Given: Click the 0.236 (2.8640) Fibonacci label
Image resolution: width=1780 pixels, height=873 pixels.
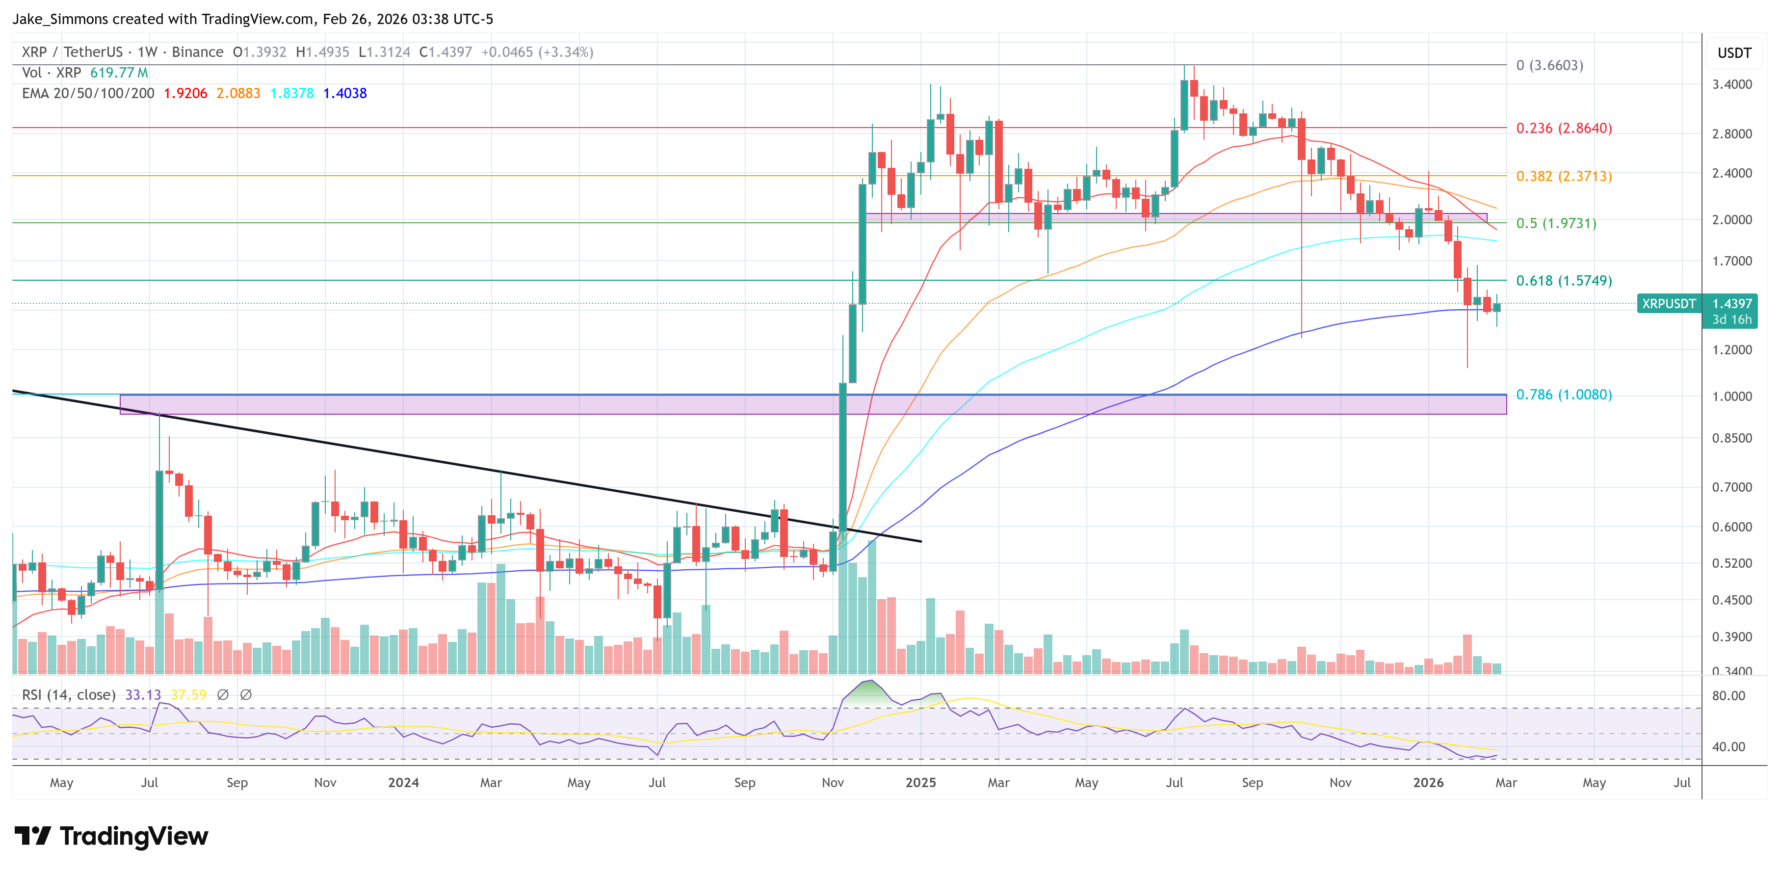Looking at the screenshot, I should pyautogui.click(x=1563, y=128).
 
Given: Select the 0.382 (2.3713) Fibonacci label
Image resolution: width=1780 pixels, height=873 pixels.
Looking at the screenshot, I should pyautogui.click(x=1563, y=176).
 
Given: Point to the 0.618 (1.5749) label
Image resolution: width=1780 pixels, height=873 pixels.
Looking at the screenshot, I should pyautogui.click(x=1563, y=281).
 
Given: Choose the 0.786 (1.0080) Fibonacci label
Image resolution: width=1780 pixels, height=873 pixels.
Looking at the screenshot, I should pyautogui.click(x=1563, y=395).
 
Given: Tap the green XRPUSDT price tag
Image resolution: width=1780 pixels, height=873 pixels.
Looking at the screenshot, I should pyautogui.click(x=1668, y=303).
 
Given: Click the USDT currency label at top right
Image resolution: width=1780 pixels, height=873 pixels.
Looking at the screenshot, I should pyautogui.click(x=1734, y=53).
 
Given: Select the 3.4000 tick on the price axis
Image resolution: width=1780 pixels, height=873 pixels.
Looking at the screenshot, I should pyautogui.click(x=1731, y=84).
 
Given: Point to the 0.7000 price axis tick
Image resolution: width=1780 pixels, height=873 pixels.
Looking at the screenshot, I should pyautogui.click(x=1731, y=487).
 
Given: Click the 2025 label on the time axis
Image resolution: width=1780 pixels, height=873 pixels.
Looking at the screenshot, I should pyautogui.click(x=920, y=782).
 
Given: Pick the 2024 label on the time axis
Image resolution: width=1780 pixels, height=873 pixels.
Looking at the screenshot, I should pyautogui.click(x=403, y=782).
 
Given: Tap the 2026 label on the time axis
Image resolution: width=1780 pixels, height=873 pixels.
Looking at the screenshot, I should pyautogui.click(x=1428, y=782).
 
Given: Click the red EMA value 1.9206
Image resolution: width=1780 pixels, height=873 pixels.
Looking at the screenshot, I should pyautogui.click(x=185, y=93).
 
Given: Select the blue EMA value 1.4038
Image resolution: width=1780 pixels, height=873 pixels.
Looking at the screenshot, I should pyautogui.click(x=345, y=93).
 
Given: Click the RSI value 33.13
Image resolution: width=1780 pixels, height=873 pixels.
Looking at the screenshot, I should pyautogui.click(x=142, y=695).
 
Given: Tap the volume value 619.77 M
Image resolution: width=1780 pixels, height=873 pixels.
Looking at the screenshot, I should pyautogui.click(x=119, y=73).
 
